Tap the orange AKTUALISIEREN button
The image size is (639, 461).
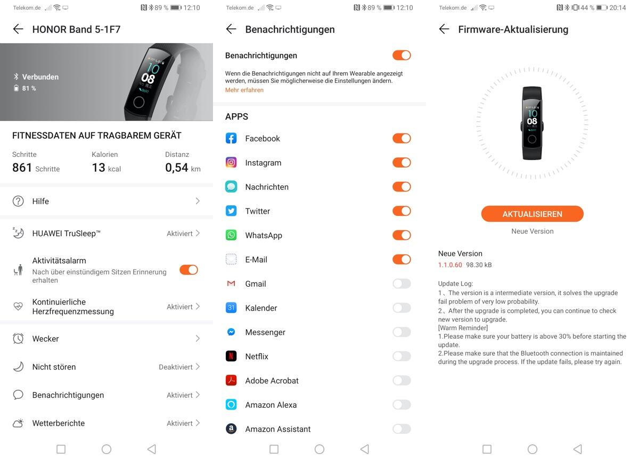pos(532,214)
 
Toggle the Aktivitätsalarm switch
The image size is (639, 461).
pos(189,270)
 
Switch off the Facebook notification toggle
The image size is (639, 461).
pos(402,138)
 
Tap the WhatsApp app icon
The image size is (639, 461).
pos(231,235)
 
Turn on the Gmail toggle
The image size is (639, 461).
pos(402,283)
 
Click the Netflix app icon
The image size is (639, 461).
pos(231,356)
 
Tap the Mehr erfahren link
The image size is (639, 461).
pos(244,90)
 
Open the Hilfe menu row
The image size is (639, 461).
pos(106,201)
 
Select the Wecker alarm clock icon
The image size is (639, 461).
pos(18,339)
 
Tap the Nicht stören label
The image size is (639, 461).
pos(54,367)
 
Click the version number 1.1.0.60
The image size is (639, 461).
pos(450,265)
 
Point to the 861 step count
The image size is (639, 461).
pos(22,167)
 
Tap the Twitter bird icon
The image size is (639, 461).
pos(231,211)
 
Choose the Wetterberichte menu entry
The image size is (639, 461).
pos(106,423)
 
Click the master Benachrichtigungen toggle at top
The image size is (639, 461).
pos(402,55)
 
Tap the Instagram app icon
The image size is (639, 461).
pos(231,162)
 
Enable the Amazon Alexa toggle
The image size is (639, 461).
pos(402,405)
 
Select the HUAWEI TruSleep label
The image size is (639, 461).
pos(66,233)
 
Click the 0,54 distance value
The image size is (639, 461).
pos(177,167)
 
